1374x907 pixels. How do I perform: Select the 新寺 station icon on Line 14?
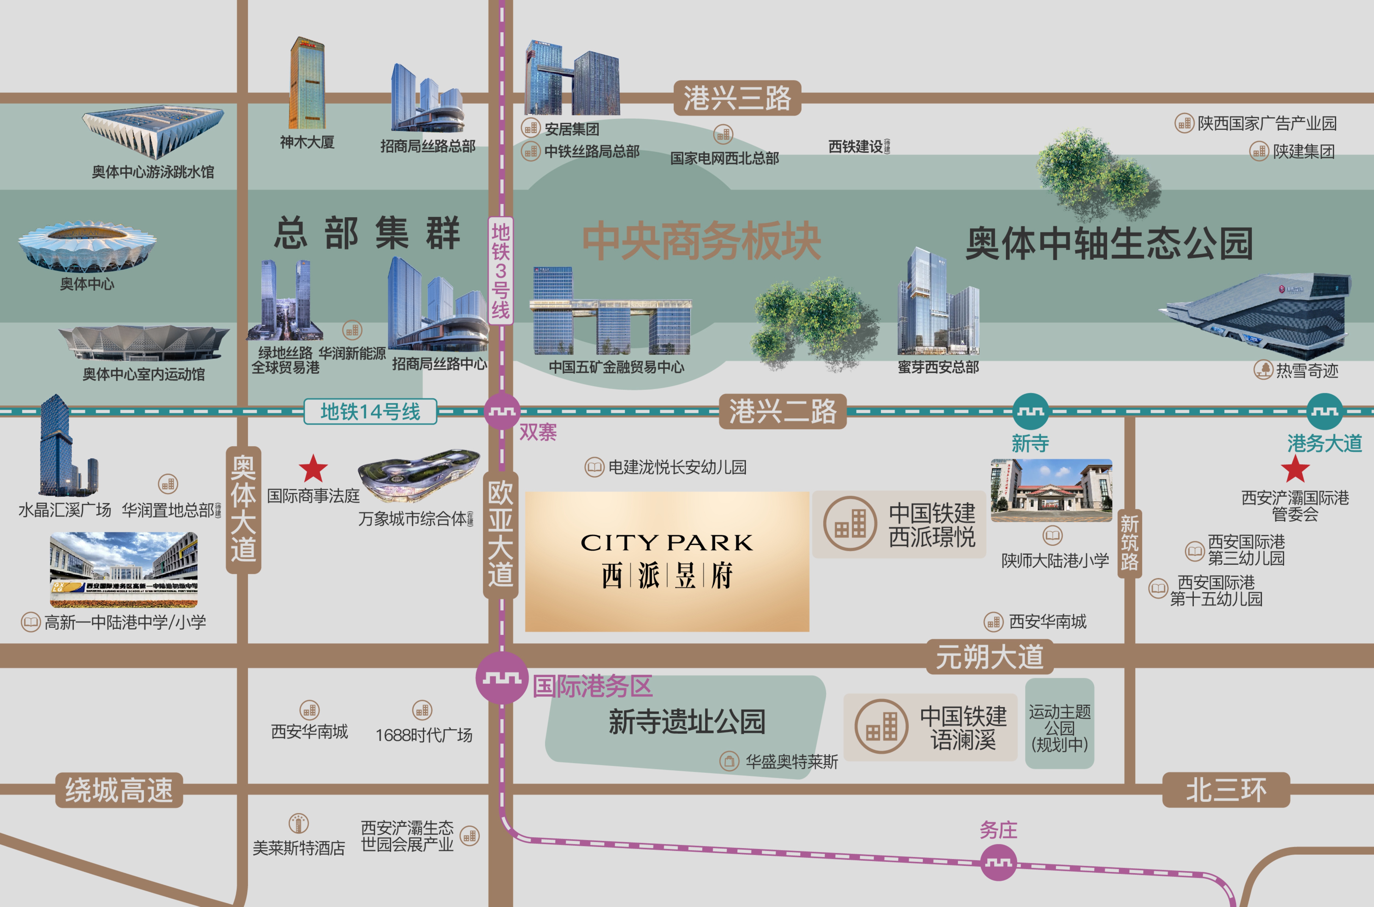pos(1030,411)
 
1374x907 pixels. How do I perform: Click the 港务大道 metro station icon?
pos(1324,411)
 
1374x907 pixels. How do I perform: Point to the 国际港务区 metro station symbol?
pos(502,677)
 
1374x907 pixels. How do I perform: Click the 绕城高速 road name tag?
pos(119,790)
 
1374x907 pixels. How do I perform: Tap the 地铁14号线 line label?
pos(370,412)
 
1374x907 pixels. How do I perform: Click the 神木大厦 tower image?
pos(307,84)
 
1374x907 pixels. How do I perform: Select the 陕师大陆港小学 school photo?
pos(1051,490)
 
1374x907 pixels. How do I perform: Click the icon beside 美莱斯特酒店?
pos(298,823)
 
